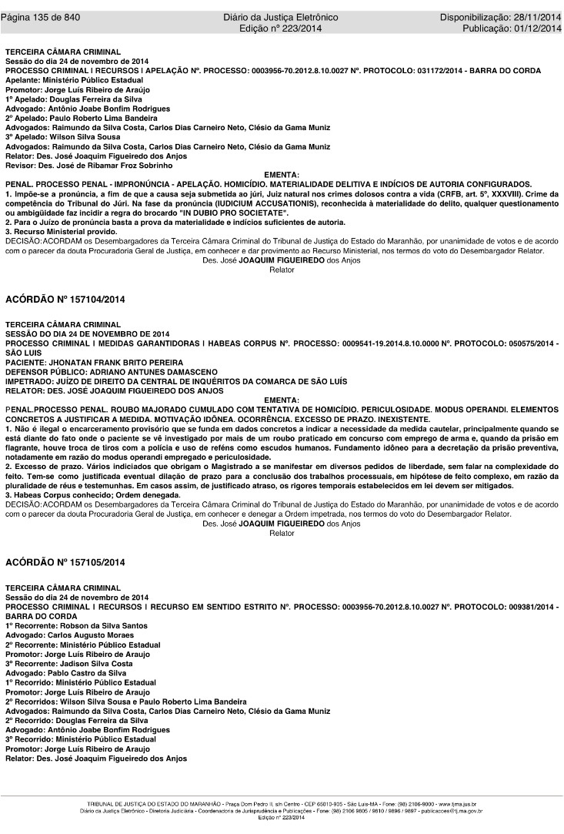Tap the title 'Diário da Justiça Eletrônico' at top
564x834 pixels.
pyautogui.click(x=281, y=17)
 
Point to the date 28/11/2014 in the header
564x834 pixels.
pyautogui.click(x=536, y=17)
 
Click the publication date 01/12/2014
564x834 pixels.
pyautogui.click(x=536, y=28)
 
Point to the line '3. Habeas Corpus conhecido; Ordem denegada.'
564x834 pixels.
pyautogui.click(x=93, y=494)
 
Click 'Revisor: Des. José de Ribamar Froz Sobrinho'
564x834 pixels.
pyautogui.click(x=88, y=165)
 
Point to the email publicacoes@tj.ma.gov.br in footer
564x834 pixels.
pyautogui.click(x=449, y=811)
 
